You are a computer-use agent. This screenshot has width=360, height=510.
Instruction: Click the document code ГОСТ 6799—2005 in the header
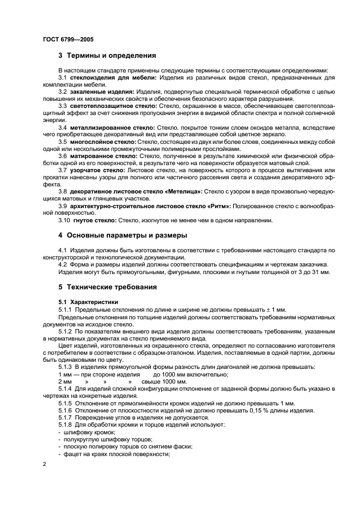pyautogui.click(x=64, y=39)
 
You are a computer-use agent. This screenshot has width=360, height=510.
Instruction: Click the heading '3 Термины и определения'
pyautogui.click(x=107, y=55)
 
